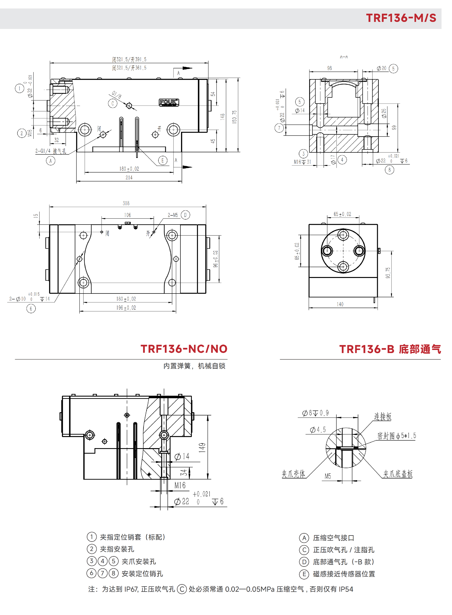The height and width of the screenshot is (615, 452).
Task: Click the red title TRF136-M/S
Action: (401, 18)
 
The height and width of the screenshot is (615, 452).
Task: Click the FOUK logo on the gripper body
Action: (169, 102)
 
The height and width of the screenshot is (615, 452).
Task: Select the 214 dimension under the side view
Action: (129, 177)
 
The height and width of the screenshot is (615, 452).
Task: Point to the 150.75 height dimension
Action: (234, 117)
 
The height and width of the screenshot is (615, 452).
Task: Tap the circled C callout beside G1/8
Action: (113, 103)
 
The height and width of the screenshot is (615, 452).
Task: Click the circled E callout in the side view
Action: (162, 160)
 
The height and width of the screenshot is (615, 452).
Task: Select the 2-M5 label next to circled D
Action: (173, 215)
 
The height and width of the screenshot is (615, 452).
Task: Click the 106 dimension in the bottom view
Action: (128, 215)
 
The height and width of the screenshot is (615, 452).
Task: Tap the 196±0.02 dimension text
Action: (126, 308)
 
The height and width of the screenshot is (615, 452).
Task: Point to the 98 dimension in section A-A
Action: (329, 68)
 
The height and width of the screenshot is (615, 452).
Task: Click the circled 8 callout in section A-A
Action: (389, 170)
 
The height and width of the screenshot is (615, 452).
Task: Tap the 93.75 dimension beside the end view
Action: (388, 273)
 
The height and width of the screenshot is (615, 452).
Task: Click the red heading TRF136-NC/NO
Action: (184, 349)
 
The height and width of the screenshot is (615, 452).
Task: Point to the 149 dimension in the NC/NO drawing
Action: (202, 448)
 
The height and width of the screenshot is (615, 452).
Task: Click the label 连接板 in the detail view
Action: (383, 417)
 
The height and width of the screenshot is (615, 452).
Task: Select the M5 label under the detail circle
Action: (327, 476)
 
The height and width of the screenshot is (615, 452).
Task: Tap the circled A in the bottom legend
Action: (304, 538)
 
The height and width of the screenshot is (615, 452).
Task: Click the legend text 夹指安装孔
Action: (117, 549)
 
